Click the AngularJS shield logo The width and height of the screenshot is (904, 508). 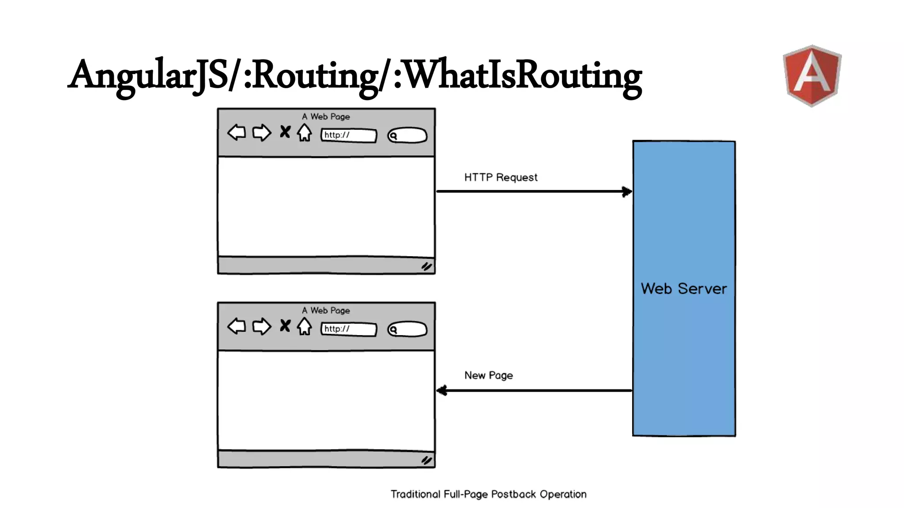812,75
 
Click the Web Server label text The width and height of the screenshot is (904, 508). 683,289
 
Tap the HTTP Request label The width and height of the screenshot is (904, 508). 501,177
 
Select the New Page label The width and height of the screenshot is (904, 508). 488,375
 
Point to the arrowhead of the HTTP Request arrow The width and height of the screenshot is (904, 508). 627,191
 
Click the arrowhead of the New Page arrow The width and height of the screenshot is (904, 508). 442,390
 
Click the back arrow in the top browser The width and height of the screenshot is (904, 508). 237,132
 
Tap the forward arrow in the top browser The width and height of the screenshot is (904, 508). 262,132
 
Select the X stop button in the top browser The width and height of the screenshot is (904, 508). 285,132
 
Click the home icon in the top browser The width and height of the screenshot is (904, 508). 304,132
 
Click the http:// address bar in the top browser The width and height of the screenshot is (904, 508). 349,135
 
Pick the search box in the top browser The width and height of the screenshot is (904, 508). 407,135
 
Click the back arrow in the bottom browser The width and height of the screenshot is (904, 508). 237,326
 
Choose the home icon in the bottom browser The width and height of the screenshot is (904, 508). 304,326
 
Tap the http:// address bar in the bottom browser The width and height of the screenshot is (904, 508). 349,329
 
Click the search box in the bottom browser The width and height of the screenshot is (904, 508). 407,329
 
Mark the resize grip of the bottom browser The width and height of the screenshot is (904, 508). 426,460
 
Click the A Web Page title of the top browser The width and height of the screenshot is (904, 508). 326,117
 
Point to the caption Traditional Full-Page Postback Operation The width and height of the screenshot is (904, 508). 488,494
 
